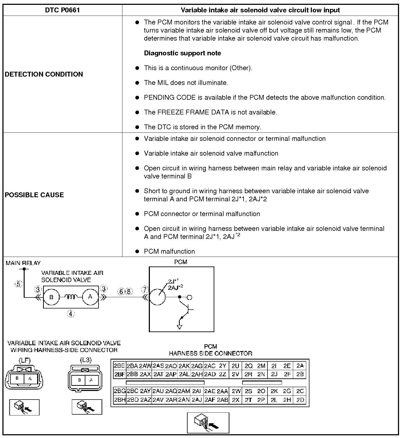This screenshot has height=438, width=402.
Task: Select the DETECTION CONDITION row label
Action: pos(44,74)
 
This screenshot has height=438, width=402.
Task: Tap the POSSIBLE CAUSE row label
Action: pos(34,195)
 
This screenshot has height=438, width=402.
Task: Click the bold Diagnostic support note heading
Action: pos(182,53)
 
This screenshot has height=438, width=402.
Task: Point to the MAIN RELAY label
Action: pos(23,263)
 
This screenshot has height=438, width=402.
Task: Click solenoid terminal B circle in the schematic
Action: pos(51,297)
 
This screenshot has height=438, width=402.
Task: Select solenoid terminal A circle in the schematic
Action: pos(90,297)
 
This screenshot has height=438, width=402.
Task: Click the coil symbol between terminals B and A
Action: pos(71,297)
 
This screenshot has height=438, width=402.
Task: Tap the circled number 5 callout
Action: pos(19,284)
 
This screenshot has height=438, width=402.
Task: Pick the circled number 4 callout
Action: pos(70,314)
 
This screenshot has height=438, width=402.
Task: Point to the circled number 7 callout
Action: pos(145,290)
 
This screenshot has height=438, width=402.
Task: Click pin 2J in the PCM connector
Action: pos(274,374)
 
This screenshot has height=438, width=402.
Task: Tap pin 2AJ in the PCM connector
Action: pos(197,400)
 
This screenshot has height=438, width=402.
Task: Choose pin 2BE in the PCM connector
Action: pos(119,366)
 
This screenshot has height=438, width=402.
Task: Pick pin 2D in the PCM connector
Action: pos(300,400)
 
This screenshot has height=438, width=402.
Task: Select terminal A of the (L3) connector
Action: pos(91,380)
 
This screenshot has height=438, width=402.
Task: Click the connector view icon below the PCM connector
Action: pos(208,423)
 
